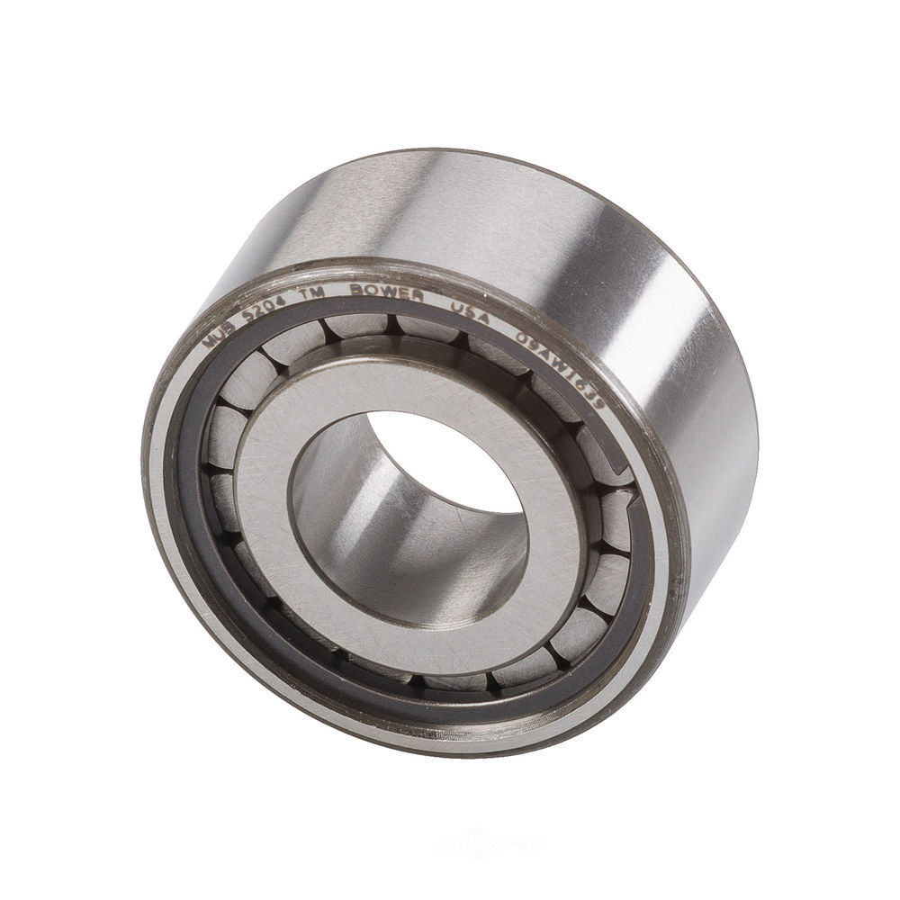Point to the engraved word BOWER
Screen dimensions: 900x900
coord(401,294)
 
